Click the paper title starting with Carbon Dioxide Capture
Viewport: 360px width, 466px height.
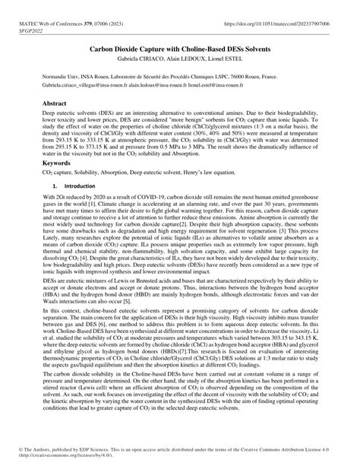179,47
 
